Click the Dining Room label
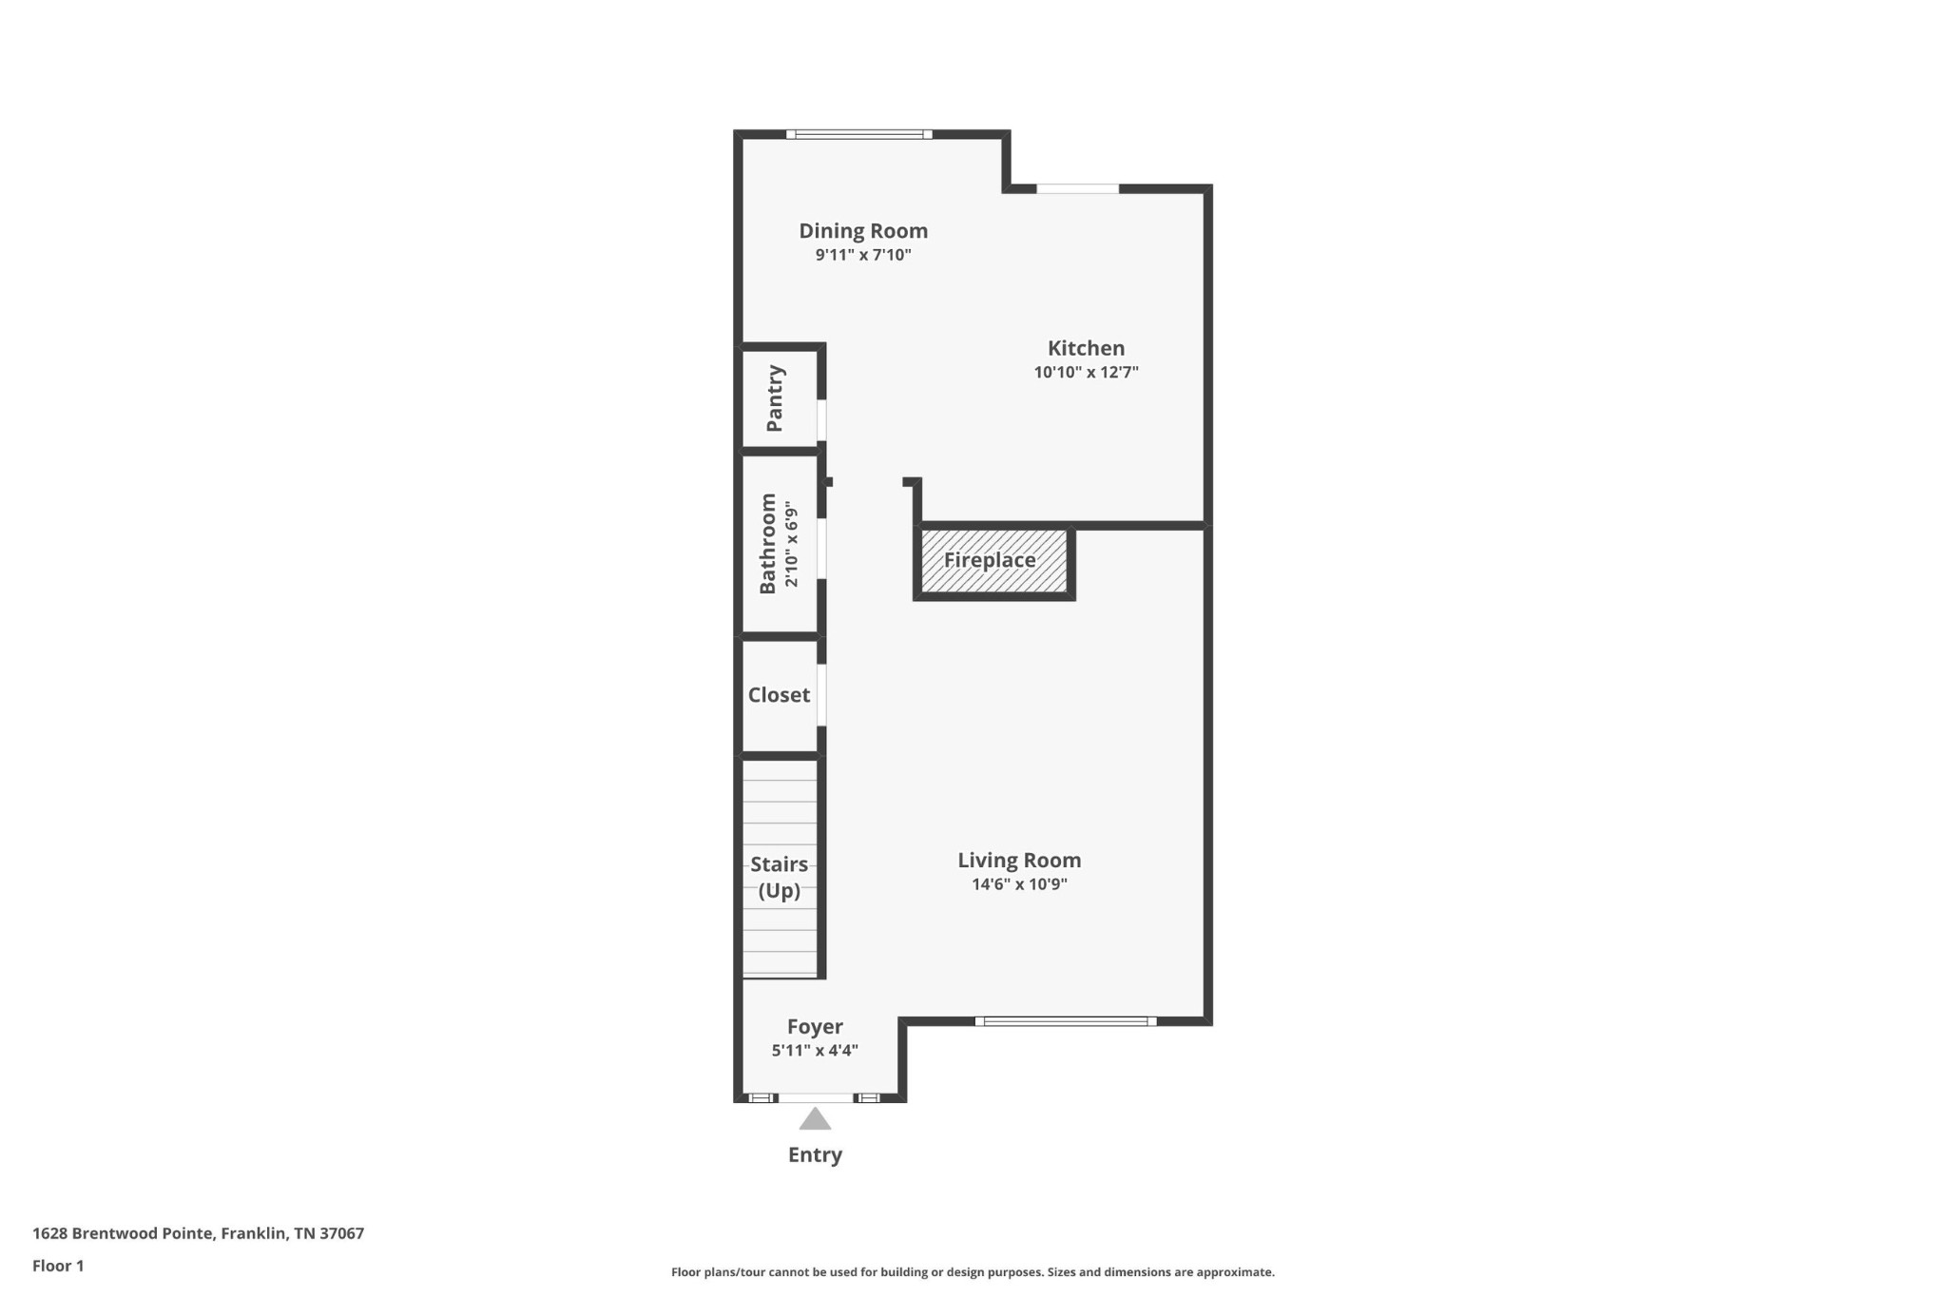coord(863,231)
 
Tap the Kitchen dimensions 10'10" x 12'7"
coord(1086,373)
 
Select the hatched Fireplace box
coord(994,561)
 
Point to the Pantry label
coord(776,398)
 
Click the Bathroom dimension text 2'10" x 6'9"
coord(791,545)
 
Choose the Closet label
coord(779,695)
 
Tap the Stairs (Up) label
coord(780,878)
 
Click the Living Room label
coord(1019,861)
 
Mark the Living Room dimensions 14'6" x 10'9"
coord(1019,884)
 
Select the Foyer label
coord(815,1027)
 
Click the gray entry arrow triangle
coord(815,1119)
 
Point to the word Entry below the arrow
coord(815,1155)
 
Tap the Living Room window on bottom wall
coord(1066,1021)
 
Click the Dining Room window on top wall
coord(859,134)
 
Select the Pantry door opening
coord(821,420)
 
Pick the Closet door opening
coord(821,695)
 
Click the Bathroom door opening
coord(821,549)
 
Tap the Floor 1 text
coord(58,1266)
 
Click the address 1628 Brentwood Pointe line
coord(198,1233)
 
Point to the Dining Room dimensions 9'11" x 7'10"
coord(863,255)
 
